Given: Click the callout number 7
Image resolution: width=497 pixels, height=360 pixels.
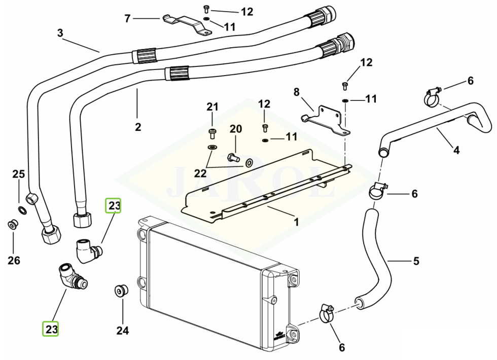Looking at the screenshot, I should (x=128, y=19).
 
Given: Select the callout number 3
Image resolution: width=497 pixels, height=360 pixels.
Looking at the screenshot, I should (x=60, y=33).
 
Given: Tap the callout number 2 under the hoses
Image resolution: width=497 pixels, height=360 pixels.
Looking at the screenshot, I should (x=138, y=127).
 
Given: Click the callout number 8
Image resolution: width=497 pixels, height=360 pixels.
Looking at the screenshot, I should (x=297, y=92).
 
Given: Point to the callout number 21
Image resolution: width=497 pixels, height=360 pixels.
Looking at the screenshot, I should (x=212, y=107).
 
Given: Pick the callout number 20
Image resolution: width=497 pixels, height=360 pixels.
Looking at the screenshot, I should (x=236, y=129).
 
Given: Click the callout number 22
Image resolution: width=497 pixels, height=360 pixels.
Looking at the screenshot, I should (x=200, y=173).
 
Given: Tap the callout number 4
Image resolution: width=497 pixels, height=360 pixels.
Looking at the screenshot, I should (x=456, y=150).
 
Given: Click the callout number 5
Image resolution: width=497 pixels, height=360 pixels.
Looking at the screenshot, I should (x=416, y=262).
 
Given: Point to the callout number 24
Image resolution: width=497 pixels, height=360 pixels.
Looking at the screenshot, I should (x=123, y=331).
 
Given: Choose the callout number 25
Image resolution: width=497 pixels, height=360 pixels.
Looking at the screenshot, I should (x=19, y=174).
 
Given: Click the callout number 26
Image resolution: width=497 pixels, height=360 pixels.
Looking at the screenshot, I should (x=14, y=261).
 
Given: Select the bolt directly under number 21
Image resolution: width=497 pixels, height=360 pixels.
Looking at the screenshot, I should (x=212, y=134).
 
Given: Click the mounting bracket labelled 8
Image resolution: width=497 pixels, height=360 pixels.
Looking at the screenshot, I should (x=327, y=120).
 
